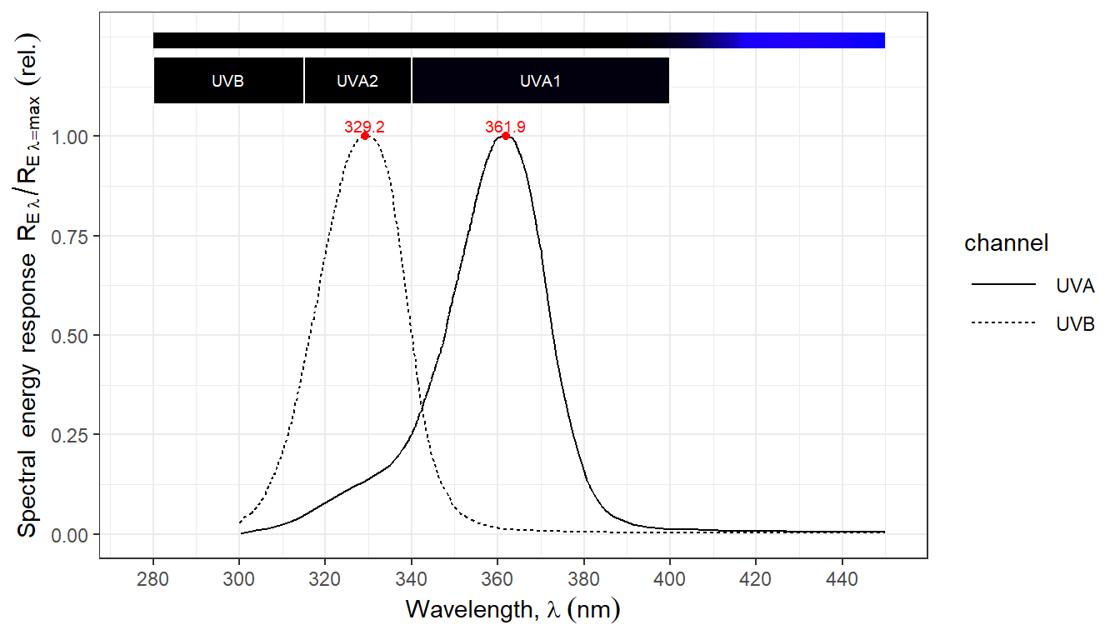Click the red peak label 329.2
(364, 127)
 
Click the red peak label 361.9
(505, 127)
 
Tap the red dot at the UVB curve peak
(365, 136)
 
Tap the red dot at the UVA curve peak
(506, 136)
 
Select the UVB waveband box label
(227, 82)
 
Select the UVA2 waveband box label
(357, 82)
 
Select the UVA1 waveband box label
(540, 82)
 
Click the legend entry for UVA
(1075, 286)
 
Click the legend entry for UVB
(1075, 324)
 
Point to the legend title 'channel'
(1006, 243)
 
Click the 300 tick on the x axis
(239, 575)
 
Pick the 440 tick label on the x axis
(842, 575)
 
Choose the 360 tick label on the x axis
(497, 575)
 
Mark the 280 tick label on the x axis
(153, 575)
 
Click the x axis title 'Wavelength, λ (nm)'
(513, 610)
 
